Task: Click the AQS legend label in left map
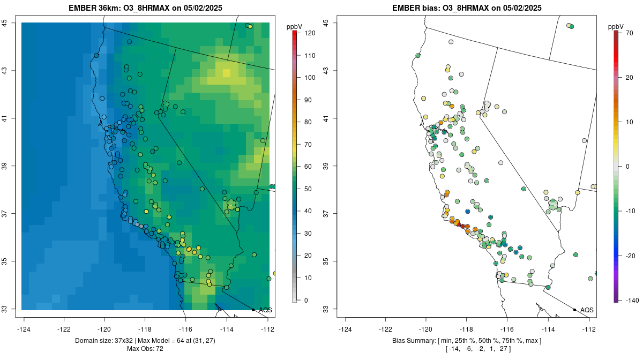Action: click(x=265, y=310)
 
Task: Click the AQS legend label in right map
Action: click(x=587, y=310)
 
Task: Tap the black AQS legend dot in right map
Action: click(x=574, y=310)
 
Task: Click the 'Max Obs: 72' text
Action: click(x=145, y=349)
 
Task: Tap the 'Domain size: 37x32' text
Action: click(x=104, y=341)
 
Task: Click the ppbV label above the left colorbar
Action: click(x=295, y=26)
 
